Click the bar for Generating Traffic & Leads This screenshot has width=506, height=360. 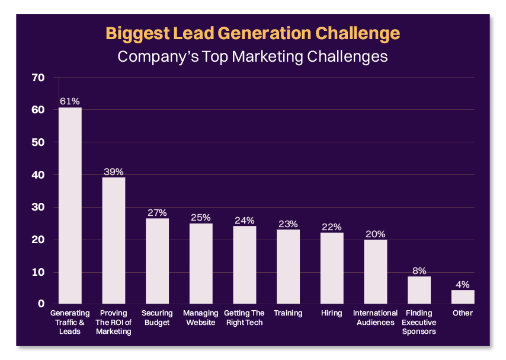pos(70,205)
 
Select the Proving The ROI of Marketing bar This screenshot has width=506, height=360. pos(113,240)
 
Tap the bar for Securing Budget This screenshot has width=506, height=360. pos(157,261)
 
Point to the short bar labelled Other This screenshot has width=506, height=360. pos(463,297)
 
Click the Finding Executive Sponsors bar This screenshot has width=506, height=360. pos(419,290)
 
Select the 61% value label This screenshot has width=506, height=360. pos(70,101)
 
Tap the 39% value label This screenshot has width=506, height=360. pos(113,171)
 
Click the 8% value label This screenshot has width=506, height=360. pos(419,270)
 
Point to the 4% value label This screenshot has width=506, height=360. pos(463,284)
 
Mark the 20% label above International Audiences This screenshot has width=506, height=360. pos(375,234)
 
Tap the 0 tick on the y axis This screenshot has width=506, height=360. pos(41,304)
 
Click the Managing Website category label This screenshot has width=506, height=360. pos(200,318)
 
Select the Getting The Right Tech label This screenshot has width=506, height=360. pos(244,318)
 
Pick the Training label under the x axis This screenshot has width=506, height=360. pos(288,313)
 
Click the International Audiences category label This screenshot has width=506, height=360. pos(375,318)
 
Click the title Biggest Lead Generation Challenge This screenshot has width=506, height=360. pos(253,33)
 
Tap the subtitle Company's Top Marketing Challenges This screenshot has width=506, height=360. pos(253,56)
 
